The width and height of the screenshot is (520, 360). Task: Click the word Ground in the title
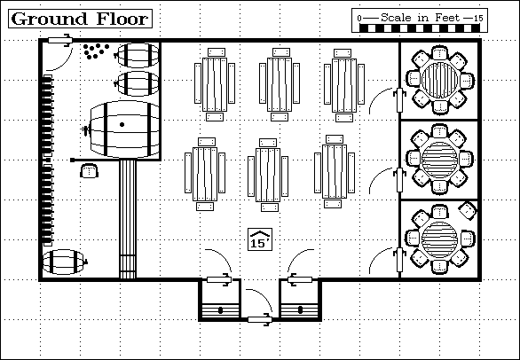pos(49,19)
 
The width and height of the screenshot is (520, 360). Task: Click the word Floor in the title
pos(122,19)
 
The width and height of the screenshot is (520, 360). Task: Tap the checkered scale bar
pos(420,27)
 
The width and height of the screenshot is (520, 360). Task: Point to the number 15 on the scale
pos(478,19)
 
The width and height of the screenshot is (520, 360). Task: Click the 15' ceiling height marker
pos(260,239)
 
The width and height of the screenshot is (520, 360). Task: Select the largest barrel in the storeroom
pos(122,129)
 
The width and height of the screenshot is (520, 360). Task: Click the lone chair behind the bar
pos(90,171)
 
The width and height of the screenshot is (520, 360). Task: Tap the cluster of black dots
pos(96,51)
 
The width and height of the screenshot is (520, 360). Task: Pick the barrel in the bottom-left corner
pos(65,262)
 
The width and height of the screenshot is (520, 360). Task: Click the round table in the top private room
pos(440,80)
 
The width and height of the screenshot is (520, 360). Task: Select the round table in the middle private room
pos(440,159)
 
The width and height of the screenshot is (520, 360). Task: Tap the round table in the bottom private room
pos(440,238)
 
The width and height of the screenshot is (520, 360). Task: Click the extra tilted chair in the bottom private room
pos(468,210)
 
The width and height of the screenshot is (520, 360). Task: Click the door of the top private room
pos(399,100)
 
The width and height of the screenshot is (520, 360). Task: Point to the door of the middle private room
pos(399,180)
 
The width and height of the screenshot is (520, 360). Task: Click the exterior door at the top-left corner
pos(60,41)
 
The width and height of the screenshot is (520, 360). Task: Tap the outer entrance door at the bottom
pos(260,319)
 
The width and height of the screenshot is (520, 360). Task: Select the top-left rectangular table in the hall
pos(215,84)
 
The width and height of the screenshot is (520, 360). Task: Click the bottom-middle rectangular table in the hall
pos(268,175)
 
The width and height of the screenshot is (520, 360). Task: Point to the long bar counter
pos(128,219)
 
